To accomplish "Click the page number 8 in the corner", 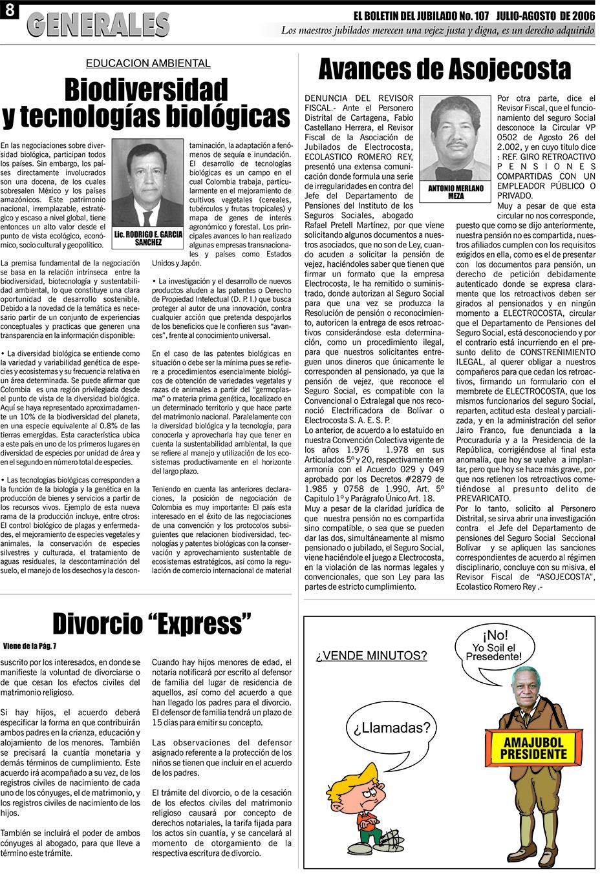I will (x=8, y=10).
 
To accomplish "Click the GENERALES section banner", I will (x=98, y=26).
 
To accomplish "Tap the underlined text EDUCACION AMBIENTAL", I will (x=148, y=63).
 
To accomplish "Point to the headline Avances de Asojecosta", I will (x=444, y=68).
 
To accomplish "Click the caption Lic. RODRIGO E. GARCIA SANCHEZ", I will (x=147, y=239).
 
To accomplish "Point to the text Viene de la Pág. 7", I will (x=30, y=645).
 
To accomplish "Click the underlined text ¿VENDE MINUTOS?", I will (x=371, y=656).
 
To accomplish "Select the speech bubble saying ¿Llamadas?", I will (x=391, y=729).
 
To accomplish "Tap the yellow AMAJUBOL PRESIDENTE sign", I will (x=534, y=749).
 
